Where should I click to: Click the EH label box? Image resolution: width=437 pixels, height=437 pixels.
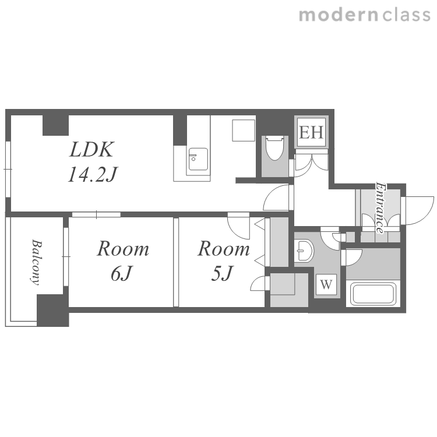click(311, 132)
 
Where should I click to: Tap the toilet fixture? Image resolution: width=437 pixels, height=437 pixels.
click(275, 147)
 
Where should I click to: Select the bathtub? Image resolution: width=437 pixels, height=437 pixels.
click(373, 294)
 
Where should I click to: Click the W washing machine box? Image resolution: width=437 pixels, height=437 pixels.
click(326, 284)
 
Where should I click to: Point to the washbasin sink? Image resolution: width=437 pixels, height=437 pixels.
click(304, 250)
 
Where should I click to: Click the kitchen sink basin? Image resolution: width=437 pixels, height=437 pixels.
click(198, 159)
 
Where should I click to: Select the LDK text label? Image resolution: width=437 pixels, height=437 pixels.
click(91, 150)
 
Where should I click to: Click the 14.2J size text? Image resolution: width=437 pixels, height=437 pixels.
click(93, 174)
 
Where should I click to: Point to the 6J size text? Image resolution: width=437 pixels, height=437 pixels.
click(121, 274)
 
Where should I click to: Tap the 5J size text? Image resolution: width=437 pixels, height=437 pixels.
click(221, 273)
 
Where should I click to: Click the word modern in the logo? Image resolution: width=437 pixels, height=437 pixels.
click(339, 15)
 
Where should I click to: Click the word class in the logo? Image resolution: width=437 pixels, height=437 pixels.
click(406, 15)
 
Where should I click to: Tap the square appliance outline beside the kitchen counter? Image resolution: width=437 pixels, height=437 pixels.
click(244, 130)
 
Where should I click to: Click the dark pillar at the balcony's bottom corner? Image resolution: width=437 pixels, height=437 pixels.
click(53, 310)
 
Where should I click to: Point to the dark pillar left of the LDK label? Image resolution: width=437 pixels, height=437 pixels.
click(55, 125)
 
